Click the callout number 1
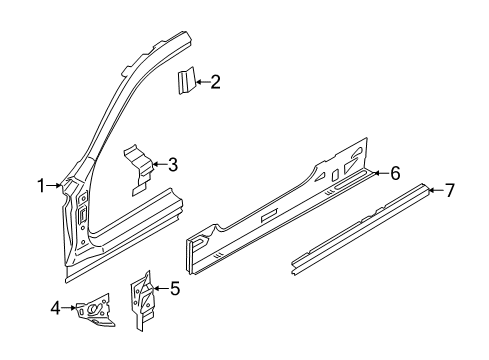[42, 185]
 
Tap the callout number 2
[215, 84]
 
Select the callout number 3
[173, 164]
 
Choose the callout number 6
[395, 173]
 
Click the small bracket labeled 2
[186, 81]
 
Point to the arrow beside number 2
[202, 84]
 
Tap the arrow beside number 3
[158, 164]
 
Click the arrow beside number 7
[436, 190]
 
